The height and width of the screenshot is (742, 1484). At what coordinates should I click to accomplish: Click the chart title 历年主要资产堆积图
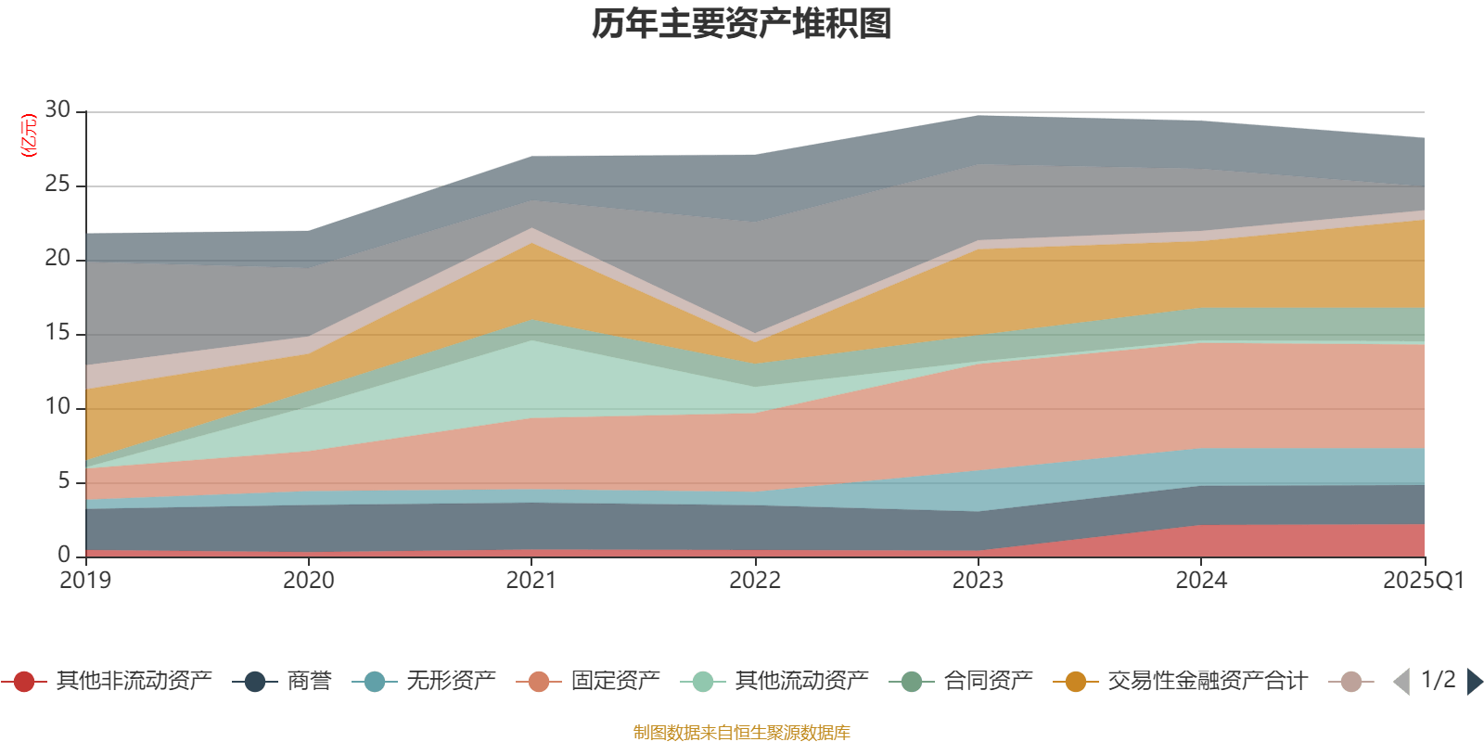[x=742, y=24]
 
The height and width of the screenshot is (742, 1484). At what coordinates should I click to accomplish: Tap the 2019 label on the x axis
[x=85, y=581]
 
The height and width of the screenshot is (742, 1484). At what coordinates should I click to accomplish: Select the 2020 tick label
[x=309, y=581]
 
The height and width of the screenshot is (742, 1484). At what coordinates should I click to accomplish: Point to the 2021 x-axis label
[x=531, y=581]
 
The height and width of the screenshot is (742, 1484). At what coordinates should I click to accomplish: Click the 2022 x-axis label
[x=755, y=581]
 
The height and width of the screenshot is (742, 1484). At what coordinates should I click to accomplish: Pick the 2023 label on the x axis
[x=978, y=581]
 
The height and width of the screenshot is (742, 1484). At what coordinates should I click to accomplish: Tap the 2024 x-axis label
[x=1201, y=581]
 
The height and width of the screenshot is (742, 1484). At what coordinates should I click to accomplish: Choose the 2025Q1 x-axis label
[x=1423, y=581]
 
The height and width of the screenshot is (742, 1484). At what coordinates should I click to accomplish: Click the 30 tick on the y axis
[x=58, y=110]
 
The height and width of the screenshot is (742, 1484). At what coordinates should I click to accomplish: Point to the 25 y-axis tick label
[x=58, y=185]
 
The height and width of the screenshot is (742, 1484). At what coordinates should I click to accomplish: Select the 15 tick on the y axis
[x=58, y=333]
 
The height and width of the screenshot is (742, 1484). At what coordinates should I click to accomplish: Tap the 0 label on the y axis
[x=64, y=555]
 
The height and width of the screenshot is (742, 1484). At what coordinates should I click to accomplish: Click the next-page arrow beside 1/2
[x=1474, y=682]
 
